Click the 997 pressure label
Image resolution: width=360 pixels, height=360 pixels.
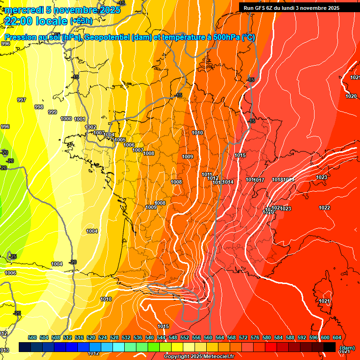pos(22,100)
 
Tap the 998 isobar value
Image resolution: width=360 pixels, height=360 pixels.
pos(39,107)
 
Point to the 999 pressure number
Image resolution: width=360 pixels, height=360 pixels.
pos(52,112)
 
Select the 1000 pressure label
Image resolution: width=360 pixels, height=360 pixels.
pos(66,119)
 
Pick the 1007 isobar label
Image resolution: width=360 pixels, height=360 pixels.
pos(138,150)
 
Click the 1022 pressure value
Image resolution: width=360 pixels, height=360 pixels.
pos(324,208)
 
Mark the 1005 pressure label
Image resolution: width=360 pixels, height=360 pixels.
pos(120,140)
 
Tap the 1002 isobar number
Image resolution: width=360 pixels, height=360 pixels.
pos(90,127)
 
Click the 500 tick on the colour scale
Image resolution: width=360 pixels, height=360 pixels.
pos(32,337)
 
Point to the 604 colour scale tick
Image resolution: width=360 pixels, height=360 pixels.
pos(337,337)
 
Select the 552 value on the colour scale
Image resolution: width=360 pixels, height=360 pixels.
pos(185,337)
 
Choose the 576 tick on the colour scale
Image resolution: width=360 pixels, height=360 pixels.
pos(255,337)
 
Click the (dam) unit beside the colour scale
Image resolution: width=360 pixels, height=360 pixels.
pos(347,348)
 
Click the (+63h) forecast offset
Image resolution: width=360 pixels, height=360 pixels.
pos(81,21)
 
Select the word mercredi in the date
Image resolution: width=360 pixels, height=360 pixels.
pos(23,9)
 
